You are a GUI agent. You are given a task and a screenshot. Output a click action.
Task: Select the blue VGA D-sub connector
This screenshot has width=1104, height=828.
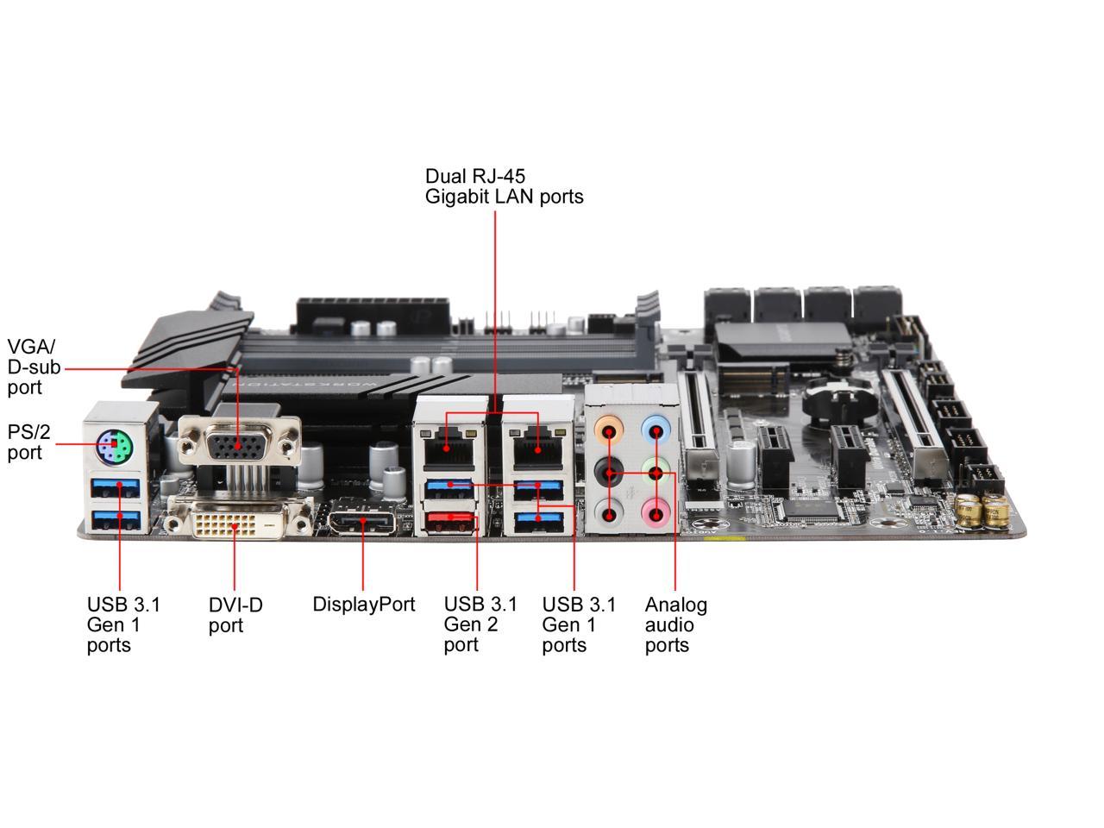237,443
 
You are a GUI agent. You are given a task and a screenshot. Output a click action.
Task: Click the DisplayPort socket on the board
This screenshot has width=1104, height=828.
361,523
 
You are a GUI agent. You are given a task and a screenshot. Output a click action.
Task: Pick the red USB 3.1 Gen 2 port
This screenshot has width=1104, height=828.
449,520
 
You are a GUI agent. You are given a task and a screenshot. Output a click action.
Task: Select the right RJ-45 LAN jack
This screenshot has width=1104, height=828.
536,444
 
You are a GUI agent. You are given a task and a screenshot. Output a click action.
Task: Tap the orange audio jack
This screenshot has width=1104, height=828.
611,430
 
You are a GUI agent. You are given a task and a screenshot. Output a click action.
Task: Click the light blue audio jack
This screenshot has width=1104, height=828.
657,429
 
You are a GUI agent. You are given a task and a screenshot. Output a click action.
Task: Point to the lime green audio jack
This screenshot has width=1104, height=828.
657,473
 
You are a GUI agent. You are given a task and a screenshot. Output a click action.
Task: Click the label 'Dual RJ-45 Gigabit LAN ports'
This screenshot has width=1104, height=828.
504,186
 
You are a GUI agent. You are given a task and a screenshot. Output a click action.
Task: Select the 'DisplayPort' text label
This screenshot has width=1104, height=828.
363,605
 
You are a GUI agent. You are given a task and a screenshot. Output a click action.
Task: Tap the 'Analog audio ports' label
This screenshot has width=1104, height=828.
675,624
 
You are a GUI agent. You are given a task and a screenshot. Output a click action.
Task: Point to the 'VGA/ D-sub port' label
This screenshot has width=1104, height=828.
34,367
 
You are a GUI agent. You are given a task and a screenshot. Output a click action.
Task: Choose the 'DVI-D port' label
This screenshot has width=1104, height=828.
235,615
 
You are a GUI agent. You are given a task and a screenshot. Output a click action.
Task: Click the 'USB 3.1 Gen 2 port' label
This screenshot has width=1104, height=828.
480,624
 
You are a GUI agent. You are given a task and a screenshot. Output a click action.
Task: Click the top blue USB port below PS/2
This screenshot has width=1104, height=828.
116,489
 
